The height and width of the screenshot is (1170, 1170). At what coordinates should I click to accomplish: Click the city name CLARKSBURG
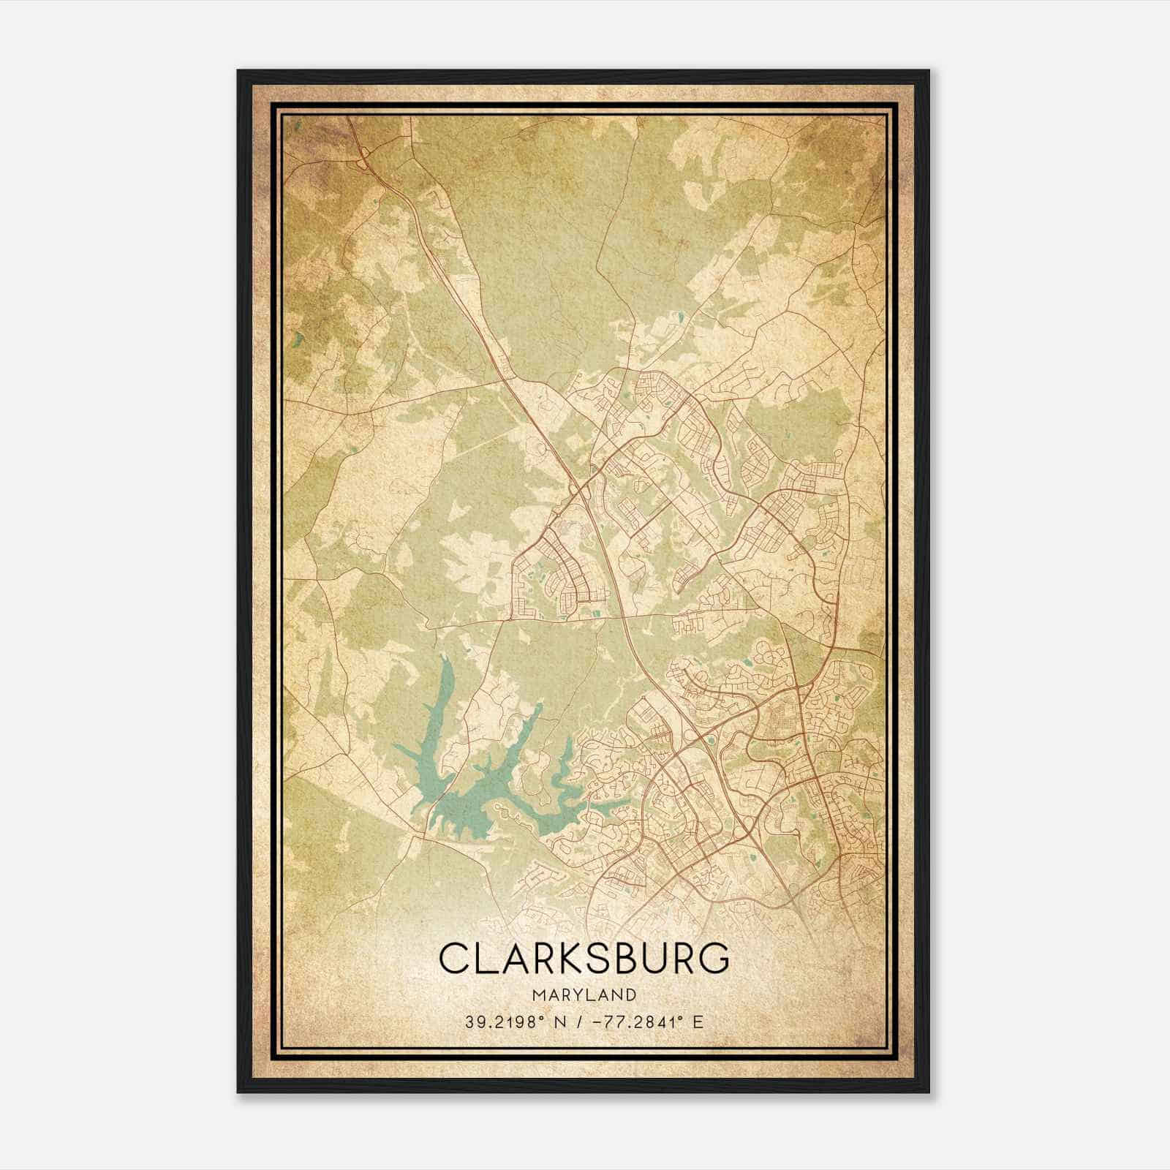584,958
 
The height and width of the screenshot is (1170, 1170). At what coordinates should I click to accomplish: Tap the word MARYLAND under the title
584,994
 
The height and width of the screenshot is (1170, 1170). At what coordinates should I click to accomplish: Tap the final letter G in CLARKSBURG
712,958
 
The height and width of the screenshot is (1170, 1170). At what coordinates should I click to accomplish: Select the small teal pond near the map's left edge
298,339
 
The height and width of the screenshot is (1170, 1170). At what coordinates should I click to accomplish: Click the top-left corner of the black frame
238,71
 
